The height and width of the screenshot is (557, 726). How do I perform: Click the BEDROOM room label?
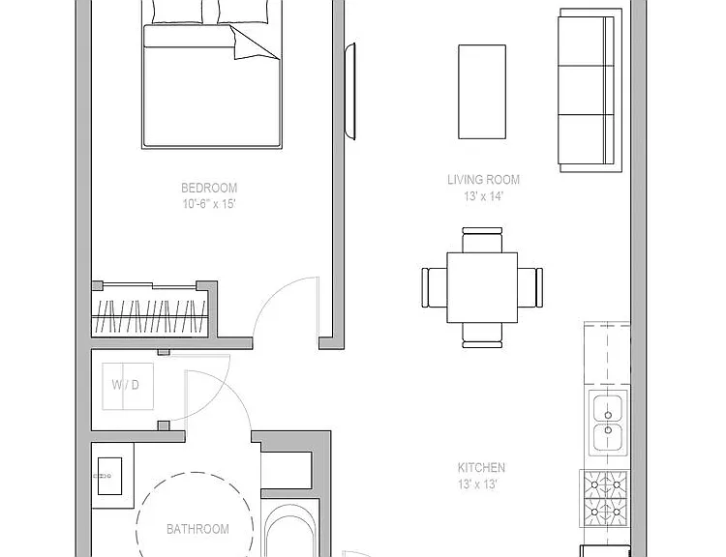(x=209, y=188)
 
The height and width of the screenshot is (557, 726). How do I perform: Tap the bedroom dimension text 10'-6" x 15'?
(x=209, y=203)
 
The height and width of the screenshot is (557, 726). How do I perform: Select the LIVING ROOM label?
(x=483, y=180)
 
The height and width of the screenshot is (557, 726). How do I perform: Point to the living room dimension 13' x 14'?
(x=483, y=196)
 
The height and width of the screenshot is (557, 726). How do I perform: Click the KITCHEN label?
(x=481, y=468)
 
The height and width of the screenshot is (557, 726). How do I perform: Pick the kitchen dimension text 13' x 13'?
(x=478, y=484)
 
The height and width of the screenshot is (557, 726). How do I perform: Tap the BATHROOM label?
(x=197, y=529)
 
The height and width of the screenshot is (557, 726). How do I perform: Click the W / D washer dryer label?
(x=126, y=385)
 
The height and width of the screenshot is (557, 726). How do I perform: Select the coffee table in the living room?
(x=482, y=92)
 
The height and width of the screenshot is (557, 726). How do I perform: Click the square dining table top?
(x=482, y=287)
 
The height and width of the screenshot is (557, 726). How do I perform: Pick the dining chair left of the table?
(x=435, y=287)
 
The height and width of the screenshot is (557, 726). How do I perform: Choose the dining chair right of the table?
(x=530, y=287)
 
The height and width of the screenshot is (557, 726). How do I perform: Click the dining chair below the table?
(x=482, y=336)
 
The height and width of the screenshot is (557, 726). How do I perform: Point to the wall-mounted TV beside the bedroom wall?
(x=350, y=91)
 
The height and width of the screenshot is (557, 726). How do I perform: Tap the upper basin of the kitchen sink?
(x=608, y=407)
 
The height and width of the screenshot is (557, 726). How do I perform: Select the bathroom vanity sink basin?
(x=109, y=476)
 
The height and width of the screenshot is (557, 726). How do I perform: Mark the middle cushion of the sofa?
(x=582, y=90)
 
